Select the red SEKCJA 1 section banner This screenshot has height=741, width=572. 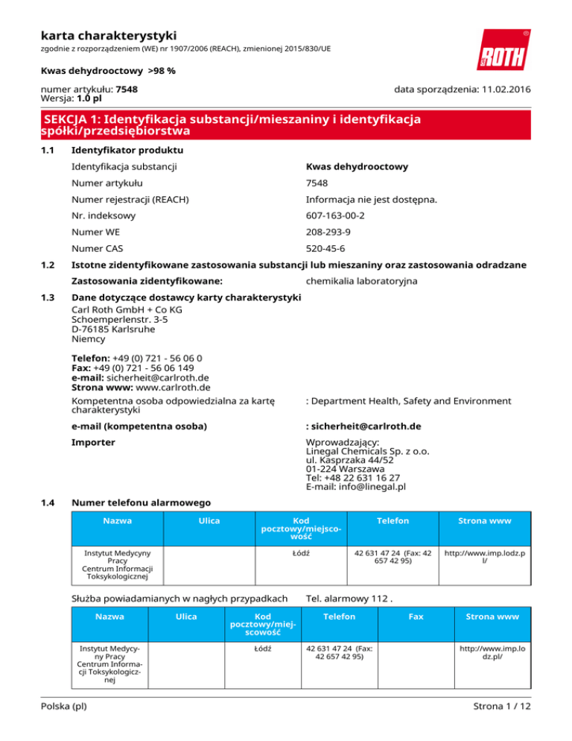286,124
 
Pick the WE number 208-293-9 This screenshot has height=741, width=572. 334,232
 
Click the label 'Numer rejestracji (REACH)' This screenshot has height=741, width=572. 130,199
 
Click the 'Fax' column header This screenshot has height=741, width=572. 416,617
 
